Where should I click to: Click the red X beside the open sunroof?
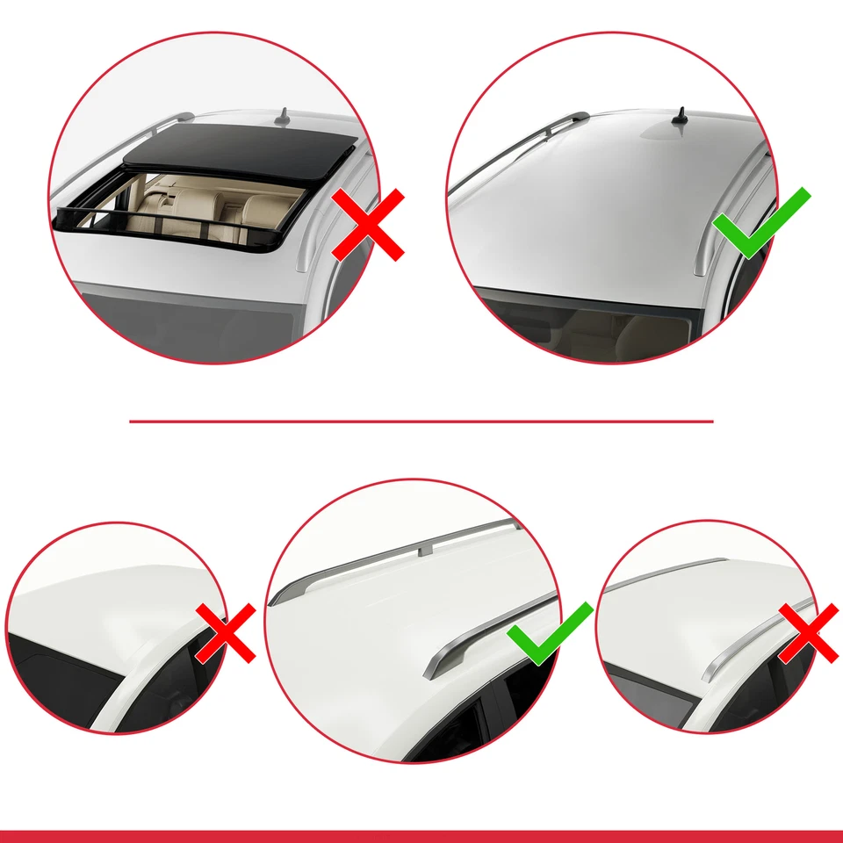[368, 225]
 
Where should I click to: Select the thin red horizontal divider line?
[421, 421]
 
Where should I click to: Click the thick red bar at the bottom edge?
[421, 836]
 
